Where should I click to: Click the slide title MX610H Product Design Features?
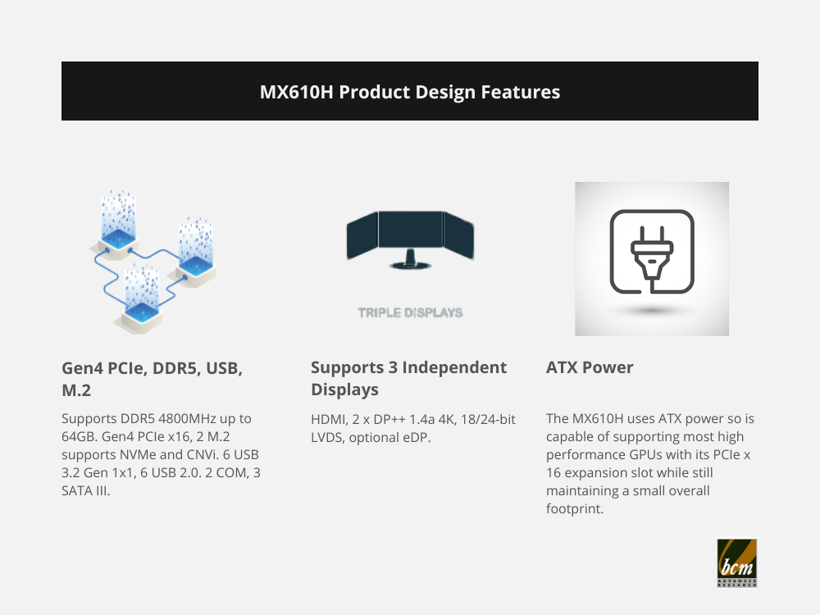point(410,92)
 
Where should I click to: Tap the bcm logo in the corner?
point(737,563)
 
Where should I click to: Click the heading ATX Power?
point(590,367)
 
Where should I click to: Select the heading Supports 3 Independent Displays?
point(408,378)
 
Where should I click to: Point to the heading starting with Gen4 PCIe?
point(153,379)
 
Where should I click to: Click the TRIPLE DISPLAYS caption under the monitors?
point(410,312)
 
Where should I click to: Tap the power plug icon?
point(652,252)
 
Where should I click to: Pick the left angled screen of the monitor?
point(362,235)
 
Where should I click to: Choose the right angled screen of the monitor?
point(458,235)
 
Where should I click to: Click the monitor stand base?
point(411,265)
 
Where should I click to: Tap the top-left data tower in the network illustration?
point(119,225)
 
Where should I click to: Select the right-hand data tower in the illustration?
point(196,252)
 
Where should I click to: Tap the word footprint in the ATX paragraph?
point(575,508)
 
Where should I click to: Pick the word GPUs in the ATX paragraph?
point(645,454)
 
